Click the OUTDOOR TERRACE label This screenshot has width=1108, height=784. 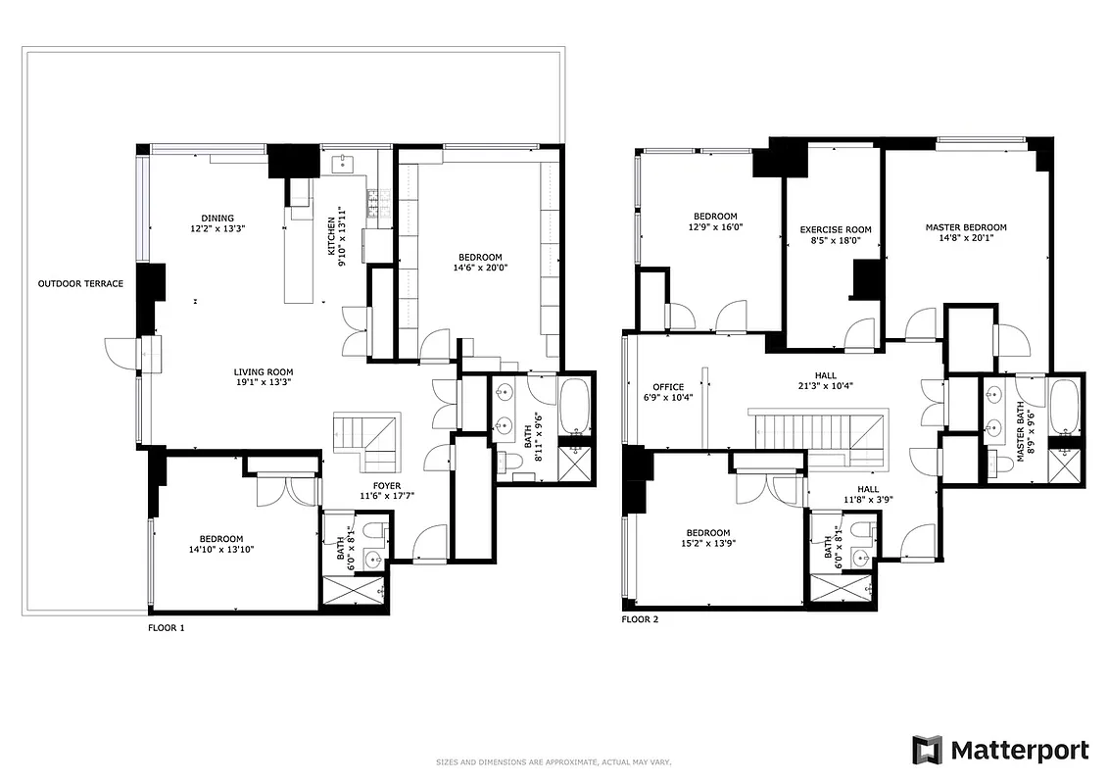pos(80,284)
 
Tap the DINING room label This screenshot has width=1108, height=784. pos(217,219)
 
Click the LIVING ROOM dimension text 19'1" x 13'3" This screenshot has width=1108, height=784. pos(263,383)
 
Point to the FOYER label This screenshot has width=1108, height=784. pos(387,485)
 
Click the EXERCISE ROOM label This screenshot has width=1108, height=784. pos(836,230)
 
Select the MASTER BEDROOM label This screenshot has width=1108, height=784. pos(966,227)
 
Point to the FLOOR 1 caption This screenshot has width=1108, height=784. pos(166,627)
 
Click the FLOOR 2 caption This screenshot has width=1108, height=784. pos(640,619)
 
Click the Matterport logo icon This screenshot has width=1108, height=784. pos(927,750)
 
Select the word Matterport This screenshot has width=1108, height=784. pos(1020,751)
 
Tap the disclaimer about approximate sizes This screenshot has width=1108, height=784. pos(554,761)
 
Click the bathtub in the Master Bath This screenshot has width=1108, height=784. pos(1064,411)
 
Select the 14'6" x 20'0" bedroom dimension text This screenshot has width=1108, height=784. pos(480,268)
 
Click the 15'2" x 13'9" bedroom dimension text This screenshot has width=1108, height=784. pos(707,543)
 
